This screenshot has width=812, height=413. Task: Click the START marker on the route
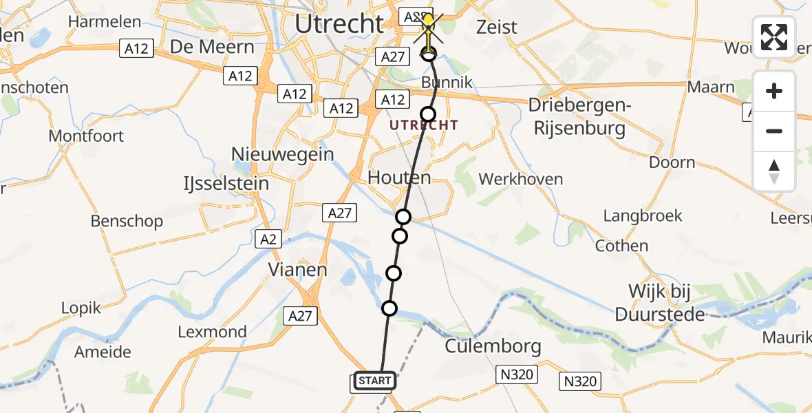[375, 381]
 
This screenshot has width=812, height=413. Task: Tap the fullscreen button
[774, 37]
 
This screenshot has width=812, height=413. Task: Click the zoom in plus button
[774, 91]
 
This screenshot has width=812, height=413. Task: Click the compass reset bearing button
[774, 171]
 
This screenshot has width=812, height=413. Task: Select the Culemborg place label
[493, 346]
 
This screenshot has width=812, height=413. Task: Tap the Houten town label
[399, 178]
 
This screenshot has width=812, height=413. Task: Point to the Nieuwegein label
[283, 153]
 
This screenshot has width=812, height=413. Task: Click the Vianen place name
[297, 269]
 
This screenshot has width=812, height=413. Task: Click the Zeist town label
[497, 27]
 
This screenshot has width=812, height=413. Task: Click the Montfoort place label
[86, 136]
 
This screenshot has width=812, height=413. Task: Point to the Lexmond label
[212, 332]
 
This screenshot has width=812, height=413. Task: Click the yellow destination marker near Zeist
[428, 21]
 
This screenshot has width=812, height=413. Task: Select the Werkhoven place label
[520, 180]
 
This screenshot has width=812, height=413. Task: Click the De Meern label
[202, 47]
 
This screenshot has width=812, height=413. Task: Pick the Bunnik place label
[447, 83]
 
